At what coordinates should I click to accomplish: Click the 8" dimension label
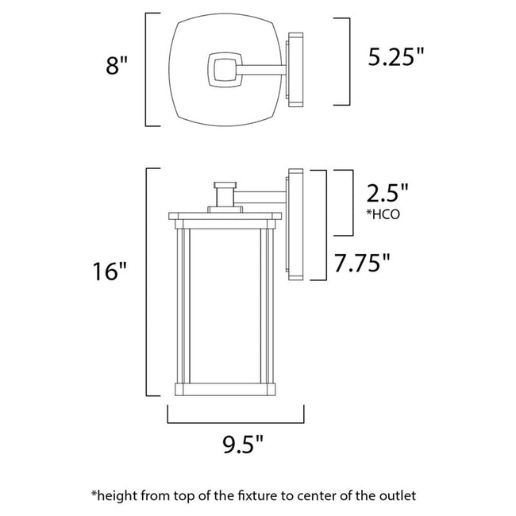click(x=117, y=66)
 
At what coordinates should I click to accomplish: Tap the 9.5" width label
click(x=236, y=441)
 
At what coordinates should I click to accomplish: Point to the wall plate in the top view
click(x=296, y=69)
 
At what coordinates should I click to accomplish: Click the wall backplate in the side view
click(x=296, y=224)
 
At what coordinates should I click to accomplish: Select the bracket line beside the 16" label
click(x=148, y=281)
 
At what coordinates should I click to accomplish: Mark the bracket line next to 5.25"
click(x=350, y=61)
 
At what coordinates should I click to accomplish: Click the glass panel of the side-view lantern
click(x=227, y=306)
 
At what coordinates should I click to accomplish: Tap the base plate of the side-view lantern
click(x=227, y=389)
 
